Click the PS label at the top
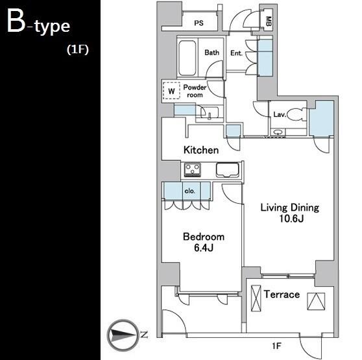point(199,23)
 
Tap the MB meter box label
point(269,21)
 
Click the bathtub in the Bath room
point(187,58)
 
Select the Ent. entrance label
point(236,53)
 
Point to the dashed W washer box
point(171,91)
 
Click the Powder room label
point(195,91)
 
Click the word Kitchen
point(201,150)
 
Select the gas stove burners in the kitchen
point(192,169)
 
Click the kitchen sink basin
point(228,170)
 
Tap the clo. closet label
point(190,191)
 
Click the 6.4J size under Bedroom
point(204,248)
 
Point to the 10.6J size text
point(291,219)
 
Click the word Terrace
point(282,294)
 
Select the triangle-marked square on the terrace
point(316,302)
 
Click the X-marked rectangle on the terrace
point(256,298)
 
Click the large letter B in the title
point(16,21)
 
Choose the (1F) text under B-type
point(78,49)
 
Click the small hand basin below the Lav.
point(278,132)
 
